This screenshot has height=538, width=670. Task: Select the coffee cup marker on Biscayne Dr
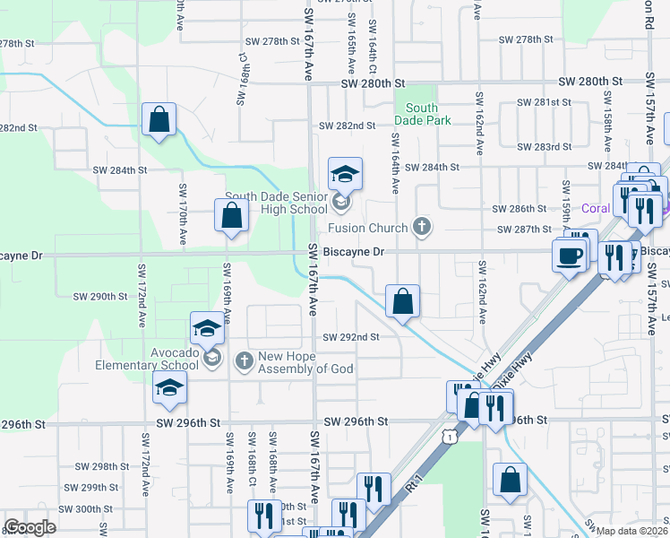570,256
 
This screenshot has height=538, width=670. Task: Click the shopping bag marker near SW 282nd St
159,119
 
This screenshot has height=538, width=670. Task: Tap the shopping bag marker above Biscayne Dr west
231,215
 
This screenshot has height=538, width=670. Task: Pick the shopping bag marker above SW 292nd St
403,301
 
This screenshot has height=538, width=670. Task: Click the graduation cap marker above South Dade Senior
344,173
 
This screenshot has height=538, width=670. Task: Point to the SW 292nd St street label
350,337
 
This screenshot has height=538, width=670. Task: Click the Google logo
29,527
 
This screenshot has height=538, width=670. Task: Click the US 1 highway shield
447,434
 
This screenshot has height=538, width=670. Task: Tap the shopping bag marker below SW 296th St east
510,480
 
